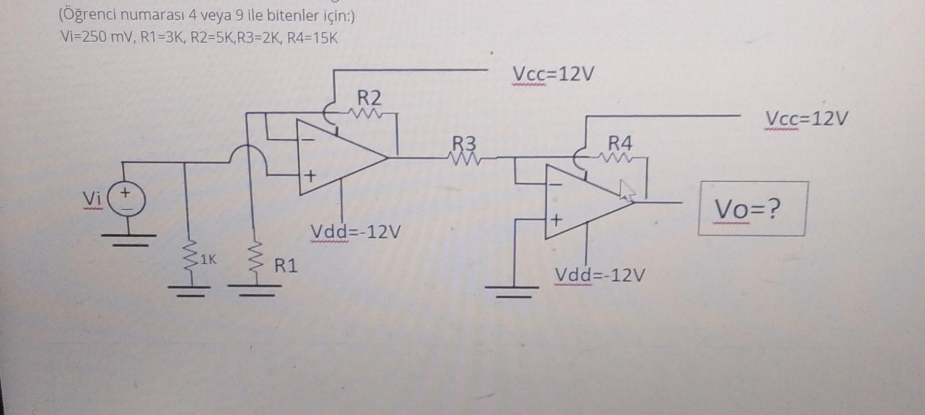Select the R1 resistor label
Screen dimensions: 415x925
(x=286, y=266)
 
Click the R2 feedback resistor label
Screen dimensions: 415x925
(x=369, y=98)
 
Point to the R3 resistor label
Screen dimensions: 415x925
(x=463, y=144)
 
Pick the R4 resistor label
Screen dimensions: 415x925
(x=620, y=143)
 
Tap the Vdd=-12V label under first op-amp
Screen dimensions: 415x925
(x=356, y=232)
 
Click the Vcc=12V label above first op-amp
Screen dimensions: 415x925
(x=554, y=75)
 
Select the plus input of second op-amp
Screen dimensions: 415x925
(x=556, y=221)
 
